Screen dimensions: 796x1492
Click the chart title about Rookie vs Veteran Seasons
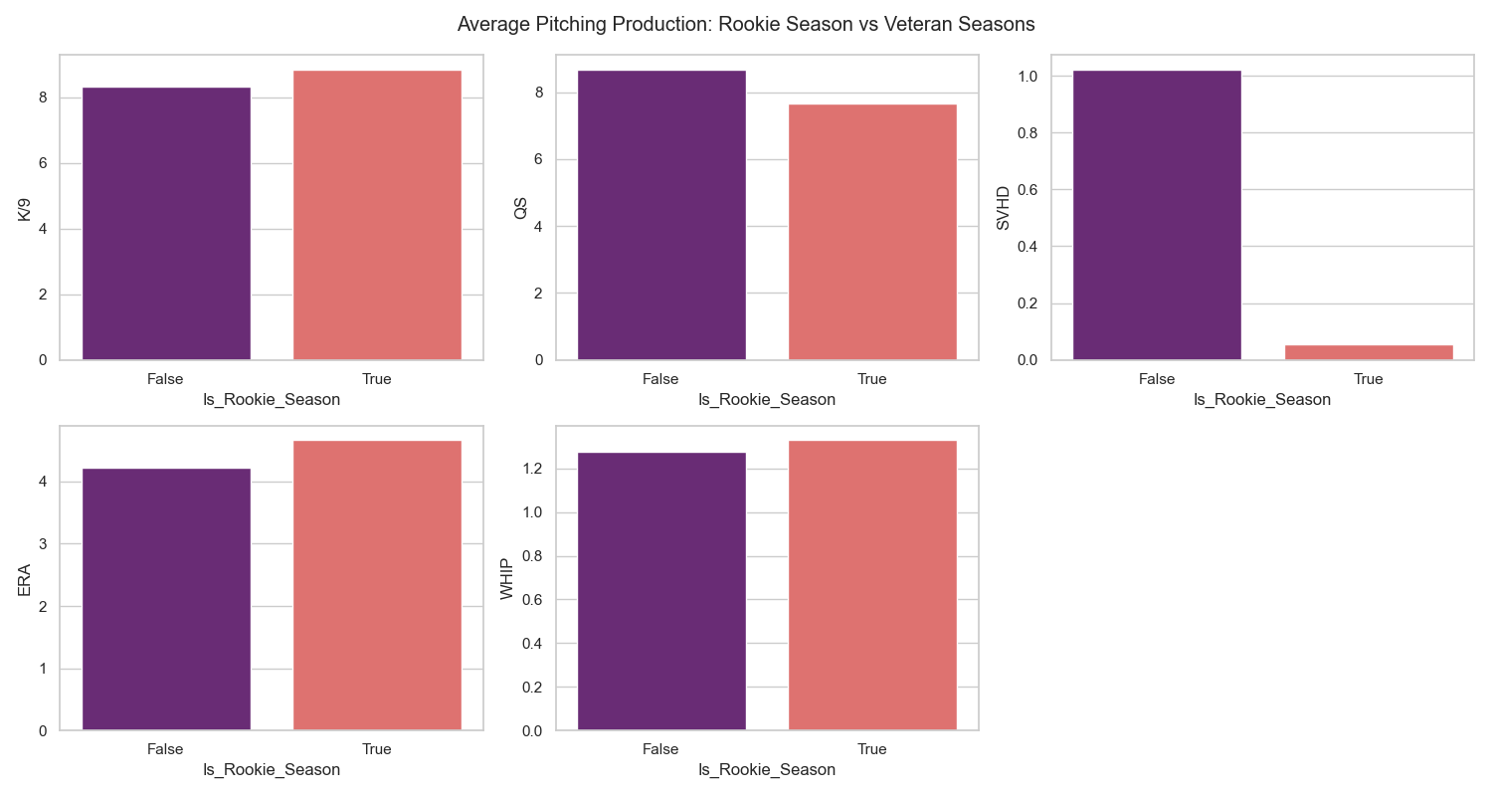tap(746, 25)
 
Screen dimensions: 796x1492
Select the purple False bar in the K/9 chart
tap(166, 224)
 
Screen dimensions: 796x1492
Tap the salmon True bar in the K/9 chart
tap(377, 215)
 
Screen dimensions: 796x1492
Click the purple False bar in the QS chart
tap(661, 215)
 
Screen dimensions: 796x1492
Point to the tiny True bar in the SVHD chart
tap(1368, 352)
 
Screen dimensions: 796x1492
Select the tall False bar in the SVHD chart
tap(1157, 215)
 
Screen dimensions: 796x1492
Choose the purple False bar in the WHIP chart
tap(661, 591)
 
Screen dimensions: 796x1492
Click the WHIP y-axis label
tap(507, 578)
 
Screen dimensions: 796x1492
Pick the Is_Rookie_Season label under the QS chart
tap(766, 400)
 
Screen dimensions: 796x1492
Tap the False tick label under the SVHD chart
tap(1157, 379)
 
